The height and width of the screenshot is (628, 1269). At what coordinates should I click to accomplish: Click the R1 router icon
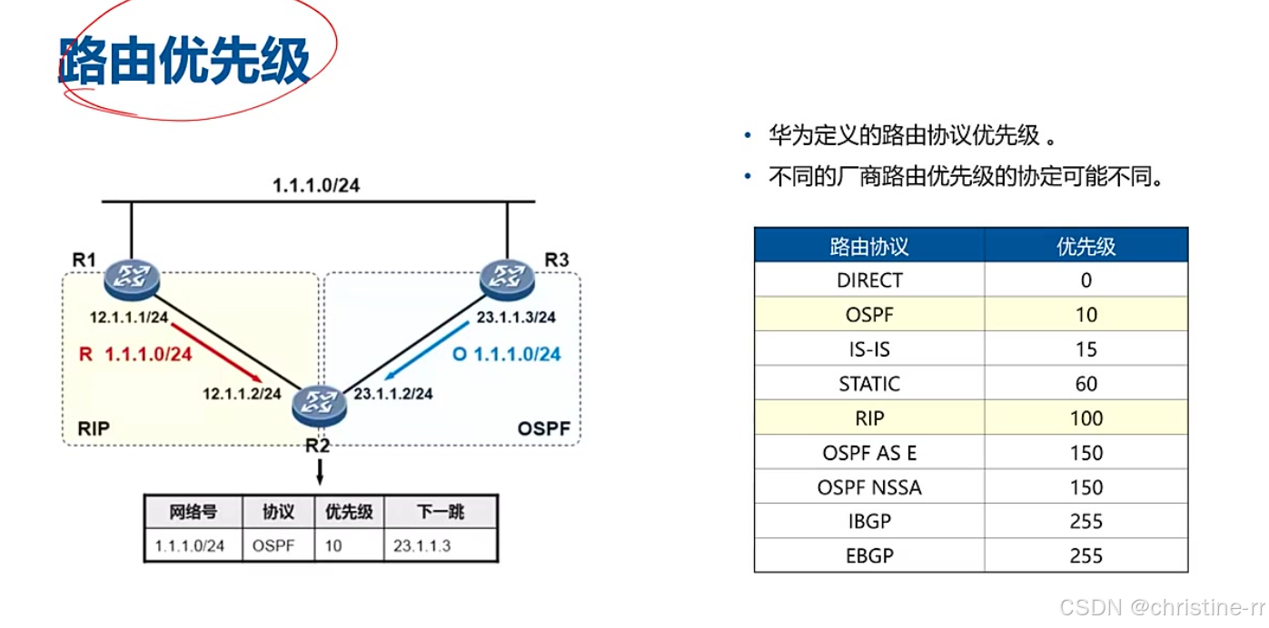pyautogui.click(x=131, y=278)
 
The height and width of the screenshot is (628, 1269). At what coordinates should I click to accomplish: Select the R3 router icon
pyautogui.click(x=508, y=278)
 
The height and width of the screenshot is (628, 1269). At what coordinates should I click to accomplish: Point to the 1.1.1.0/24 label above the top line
pyautogui.click(x=316, y=186)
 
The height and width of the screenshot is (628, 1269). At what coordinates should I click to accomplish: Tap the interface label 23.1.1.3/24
pyautogui.click(x=516, y=318)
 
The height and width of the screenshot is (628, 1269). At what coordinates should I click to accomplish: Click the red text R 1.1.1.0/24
pyautogui.click(x=135, y=354)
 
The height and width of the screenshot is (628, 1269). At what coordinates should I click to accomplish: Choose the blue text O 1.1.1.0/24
pyautogui.click(x=506, y=354)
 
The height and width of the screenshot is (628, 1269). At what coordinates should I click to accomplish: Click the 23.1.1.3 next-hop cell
pyautogui.click(x=421, y=546)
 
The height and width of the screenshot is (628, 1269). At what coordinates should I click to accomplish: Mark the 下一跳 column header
pyautogui.click(x=441, y=512)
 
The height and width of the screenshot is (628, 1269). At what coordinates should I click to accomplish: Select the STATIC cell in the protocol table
pyautogui.click(x=869, y=384)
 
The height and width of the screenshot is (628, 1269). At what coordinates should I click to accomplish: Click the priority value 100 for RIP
pyautogui.click(x=1086, y=418)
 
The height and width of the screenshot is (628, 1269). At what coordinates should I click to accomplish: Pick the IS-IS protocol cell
pyautogui.click(x=869, y=349)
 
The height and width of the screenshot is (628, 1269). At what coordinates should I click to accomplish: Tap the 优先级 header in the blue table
pyautogui.click(x=1086, y=246)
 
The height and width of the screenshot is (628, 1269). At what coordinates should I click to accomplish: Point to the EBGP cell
pyautogui.click(x=869, y=555)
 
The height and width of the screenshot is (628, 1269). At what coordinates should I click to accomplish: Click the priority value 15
pyautogui.click(x=1086, y=349)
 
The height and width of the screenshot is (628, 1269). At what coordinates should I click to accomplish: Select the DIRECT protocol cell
pyautogui.click(x=869, y=280)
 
